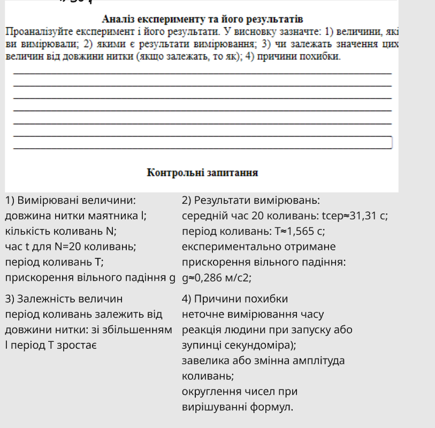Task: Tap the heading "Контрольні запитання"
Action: (202, 173)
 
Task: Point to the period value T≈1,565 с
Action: (300, 232)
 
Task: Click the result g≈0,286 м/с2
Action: (217, 278)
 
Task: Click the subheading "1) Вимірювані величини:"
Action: (70, 201)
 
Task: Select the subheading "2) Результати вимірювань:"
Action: (251, 201)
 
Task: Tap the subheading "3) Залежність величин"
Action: (64, 299)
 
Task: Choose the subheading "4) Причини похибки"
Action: (235, 299)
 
